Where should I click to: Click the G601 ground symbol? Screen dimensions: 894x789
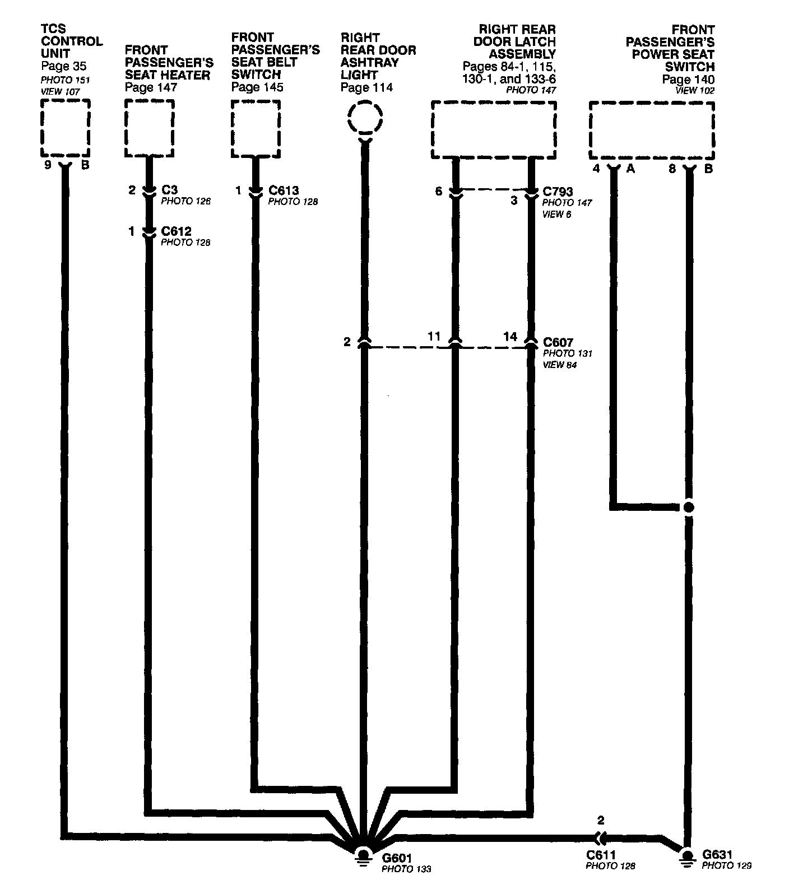[x=363, y=856]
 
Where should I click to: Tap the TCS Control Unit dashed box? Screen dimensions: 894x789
[x=65, y=128]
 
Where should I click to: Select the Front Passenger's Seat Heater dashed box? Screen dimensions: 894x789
[x=149, y=129]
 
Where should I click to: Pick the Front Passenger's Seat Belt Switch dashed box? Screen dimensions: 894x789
[x=256, y=129]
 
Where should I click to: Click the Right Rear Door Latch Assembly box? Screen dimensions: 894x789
[x=494, y=130]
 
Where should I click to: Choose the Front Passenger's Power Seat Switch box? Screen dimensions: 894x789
[x=652, y=131]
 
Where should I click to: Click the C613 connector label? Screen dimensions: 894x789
[x=284, y=190]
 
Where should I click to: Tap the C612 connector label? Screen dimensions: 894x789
[x=176, y=231]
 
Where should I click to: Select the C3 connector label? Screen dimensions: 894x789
[x=169, y=190]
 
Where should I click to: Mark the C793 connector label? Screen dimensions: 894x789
[x=558, y=192]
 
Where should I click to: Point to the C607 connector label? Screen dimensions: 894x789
[x=558, y=342]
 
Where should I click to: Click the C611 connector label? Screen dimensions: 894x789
[x=601, y=855]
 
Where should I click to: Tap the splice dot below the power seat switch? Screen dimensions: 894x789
[x=689, y=507]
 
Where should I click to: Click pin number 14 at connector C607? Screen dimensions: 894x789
[x=510, y=337]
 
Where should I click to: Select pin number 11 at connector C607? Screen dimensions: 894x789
[x=434, y=337]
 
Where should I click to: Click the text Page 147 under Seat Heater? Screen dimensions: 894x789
[x=151, y=87]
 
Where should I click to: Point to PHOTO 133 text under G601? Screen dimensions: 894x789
[x=406, y=869]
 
